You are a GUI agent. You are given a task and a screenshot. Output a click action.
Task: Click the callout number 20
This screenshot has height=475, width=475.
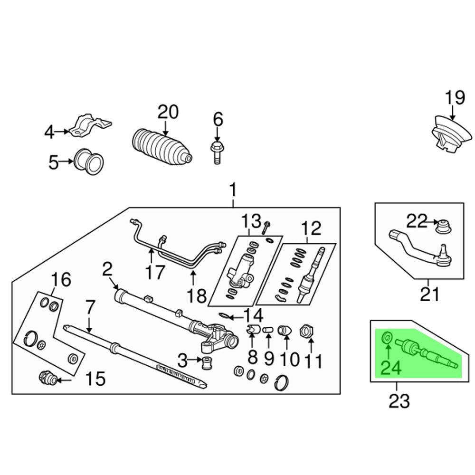click(168, 112)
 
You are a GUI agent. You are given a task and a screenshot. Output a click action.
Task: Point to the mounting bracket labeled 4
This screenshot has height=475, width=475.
click(90, 126)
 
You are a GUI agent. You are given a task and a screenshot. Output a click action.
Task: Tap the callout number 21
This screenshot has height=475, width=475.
click(429, 295)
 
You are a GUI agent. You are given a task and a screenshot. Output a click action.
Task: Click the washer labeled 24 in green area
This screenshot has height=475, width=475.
click(387, 338)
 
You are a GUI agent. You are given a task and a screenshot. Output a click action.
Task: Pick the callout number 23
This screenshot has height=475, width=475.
click(399, 401)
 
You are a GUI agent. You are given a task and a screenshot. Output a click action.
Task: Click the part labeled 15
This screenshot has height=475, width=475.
click(47, 379)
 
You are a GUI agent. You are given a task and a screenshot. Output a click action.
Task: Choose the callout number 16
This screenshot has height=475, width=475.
click(62, 280)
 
